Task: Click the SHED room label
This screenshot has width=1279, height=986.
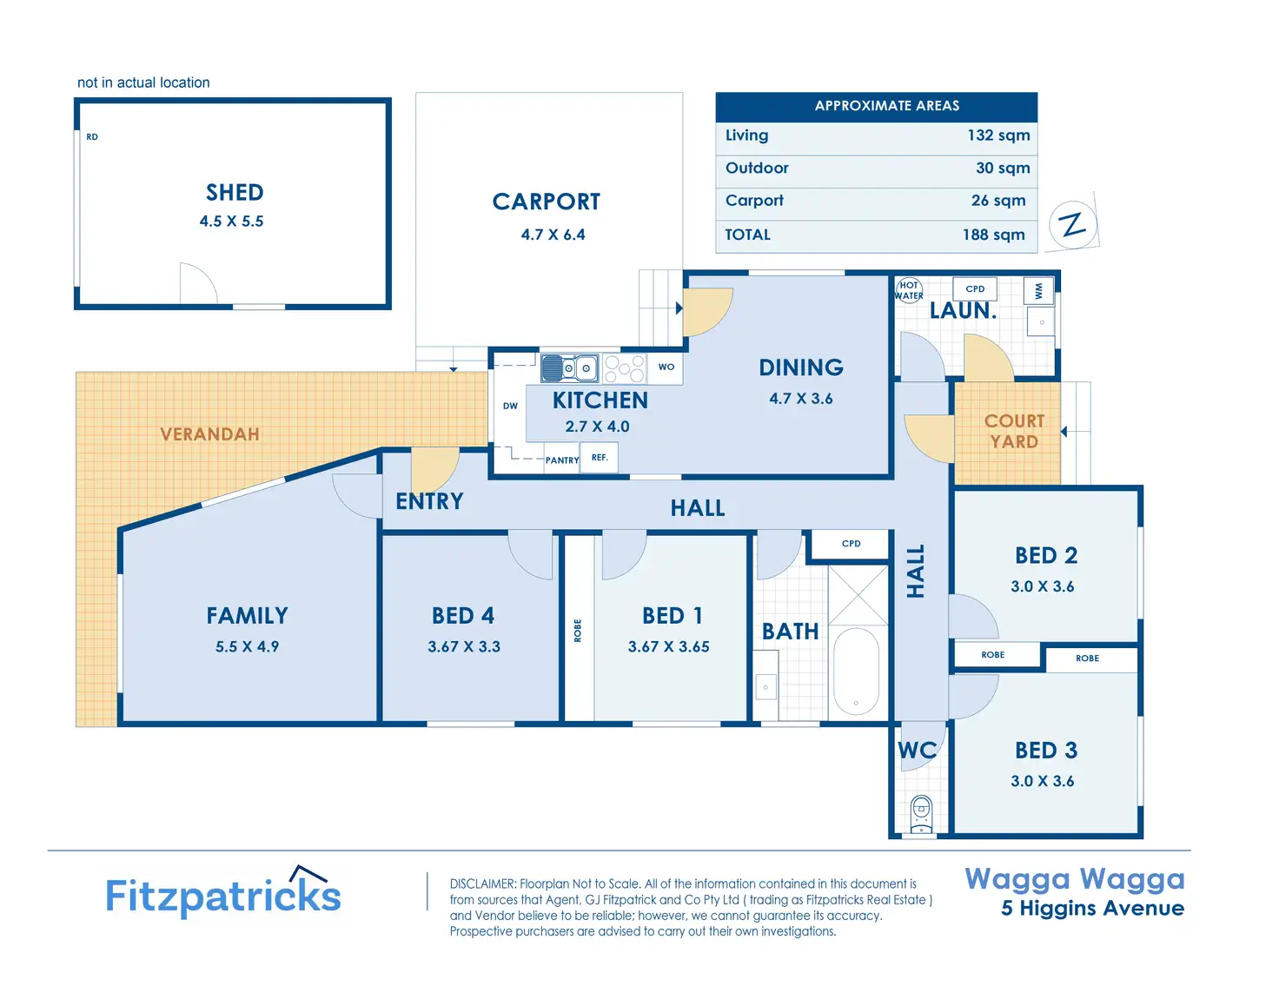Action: (235, 192)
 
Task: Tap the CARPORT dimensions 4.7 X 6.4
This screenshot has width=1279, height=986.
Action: (553, 235)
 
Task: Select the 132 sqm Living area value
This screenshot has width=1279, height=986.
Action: (998, 136)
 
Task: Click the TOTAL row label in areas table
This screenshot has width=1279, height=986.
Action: (748, 235)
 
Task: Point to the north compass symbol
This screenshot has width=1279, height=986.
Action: (1074, 224)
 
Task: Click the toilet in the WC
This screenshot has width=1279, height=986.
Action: (921, 813)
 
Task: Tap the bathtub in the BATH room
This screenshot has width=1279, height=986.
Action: (856, 670)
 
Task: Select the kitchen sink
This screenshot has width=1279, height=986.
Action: (569, 368)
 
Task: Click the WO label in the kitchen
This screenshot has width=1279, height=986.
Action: (666, 367)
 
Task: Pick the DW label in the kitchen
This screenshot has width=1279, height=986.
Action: (510, 406)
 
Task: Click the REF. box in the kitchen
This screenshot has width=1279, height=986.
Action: (600, 457)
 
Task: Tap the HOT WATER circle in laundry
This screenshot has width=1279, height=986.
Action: (909, 290)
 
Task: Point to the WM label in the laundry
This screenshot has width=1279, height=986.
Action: (1039, 291)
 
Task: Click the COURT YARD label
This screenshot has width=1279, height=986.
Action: (1014, 431)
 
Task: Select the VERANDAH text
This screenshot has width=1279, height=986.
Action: (209, 433)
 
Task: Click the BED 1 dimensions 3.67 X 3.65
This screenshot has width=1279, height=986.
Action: (668, 646)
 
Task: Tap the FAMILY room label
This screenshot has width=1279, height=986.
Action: (247, 615)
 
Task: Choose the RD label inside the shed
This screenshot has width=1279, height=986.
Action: (92, 136)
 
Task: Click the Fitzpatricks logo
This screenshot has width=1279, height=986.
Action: (223, 894)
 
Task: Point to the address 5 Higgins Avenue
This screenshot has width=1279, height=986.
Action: (1092, 908)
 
